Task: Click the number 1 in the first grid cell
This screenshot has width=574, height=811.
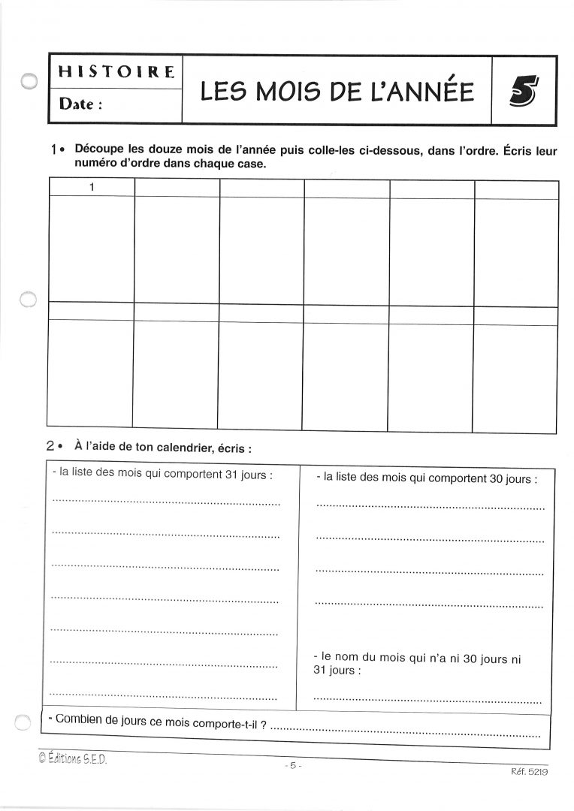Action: coord(92,188)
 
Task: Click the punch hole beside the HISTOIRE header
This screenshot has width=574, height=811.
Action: coord(29,81)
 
